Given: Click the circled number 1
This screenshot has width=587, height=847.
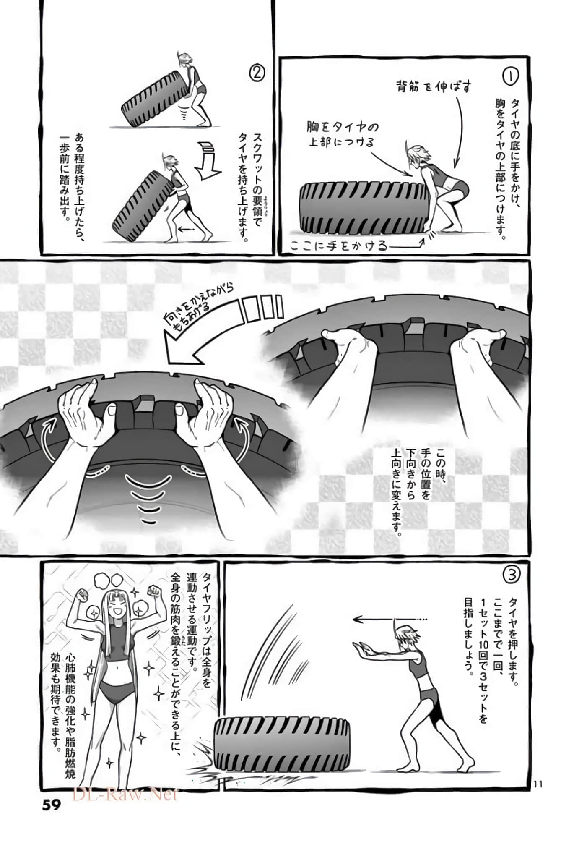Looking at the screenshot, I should coord(510,76).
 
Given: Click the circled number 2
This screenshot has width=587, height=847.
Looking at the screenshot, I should coord(257,73).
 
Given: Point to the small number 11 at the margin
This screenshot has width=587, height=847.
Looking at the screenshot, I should coord(538,783).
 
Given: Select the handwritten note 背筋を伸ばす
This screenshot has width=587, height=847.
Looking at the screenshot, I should coord(434,87).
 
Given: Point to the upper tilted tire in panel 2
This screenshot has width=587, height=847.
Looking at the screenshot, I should coord(154,101).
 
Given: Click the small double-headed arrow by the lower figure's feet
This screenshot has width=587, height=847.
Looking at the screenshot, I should coord(186,229).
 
